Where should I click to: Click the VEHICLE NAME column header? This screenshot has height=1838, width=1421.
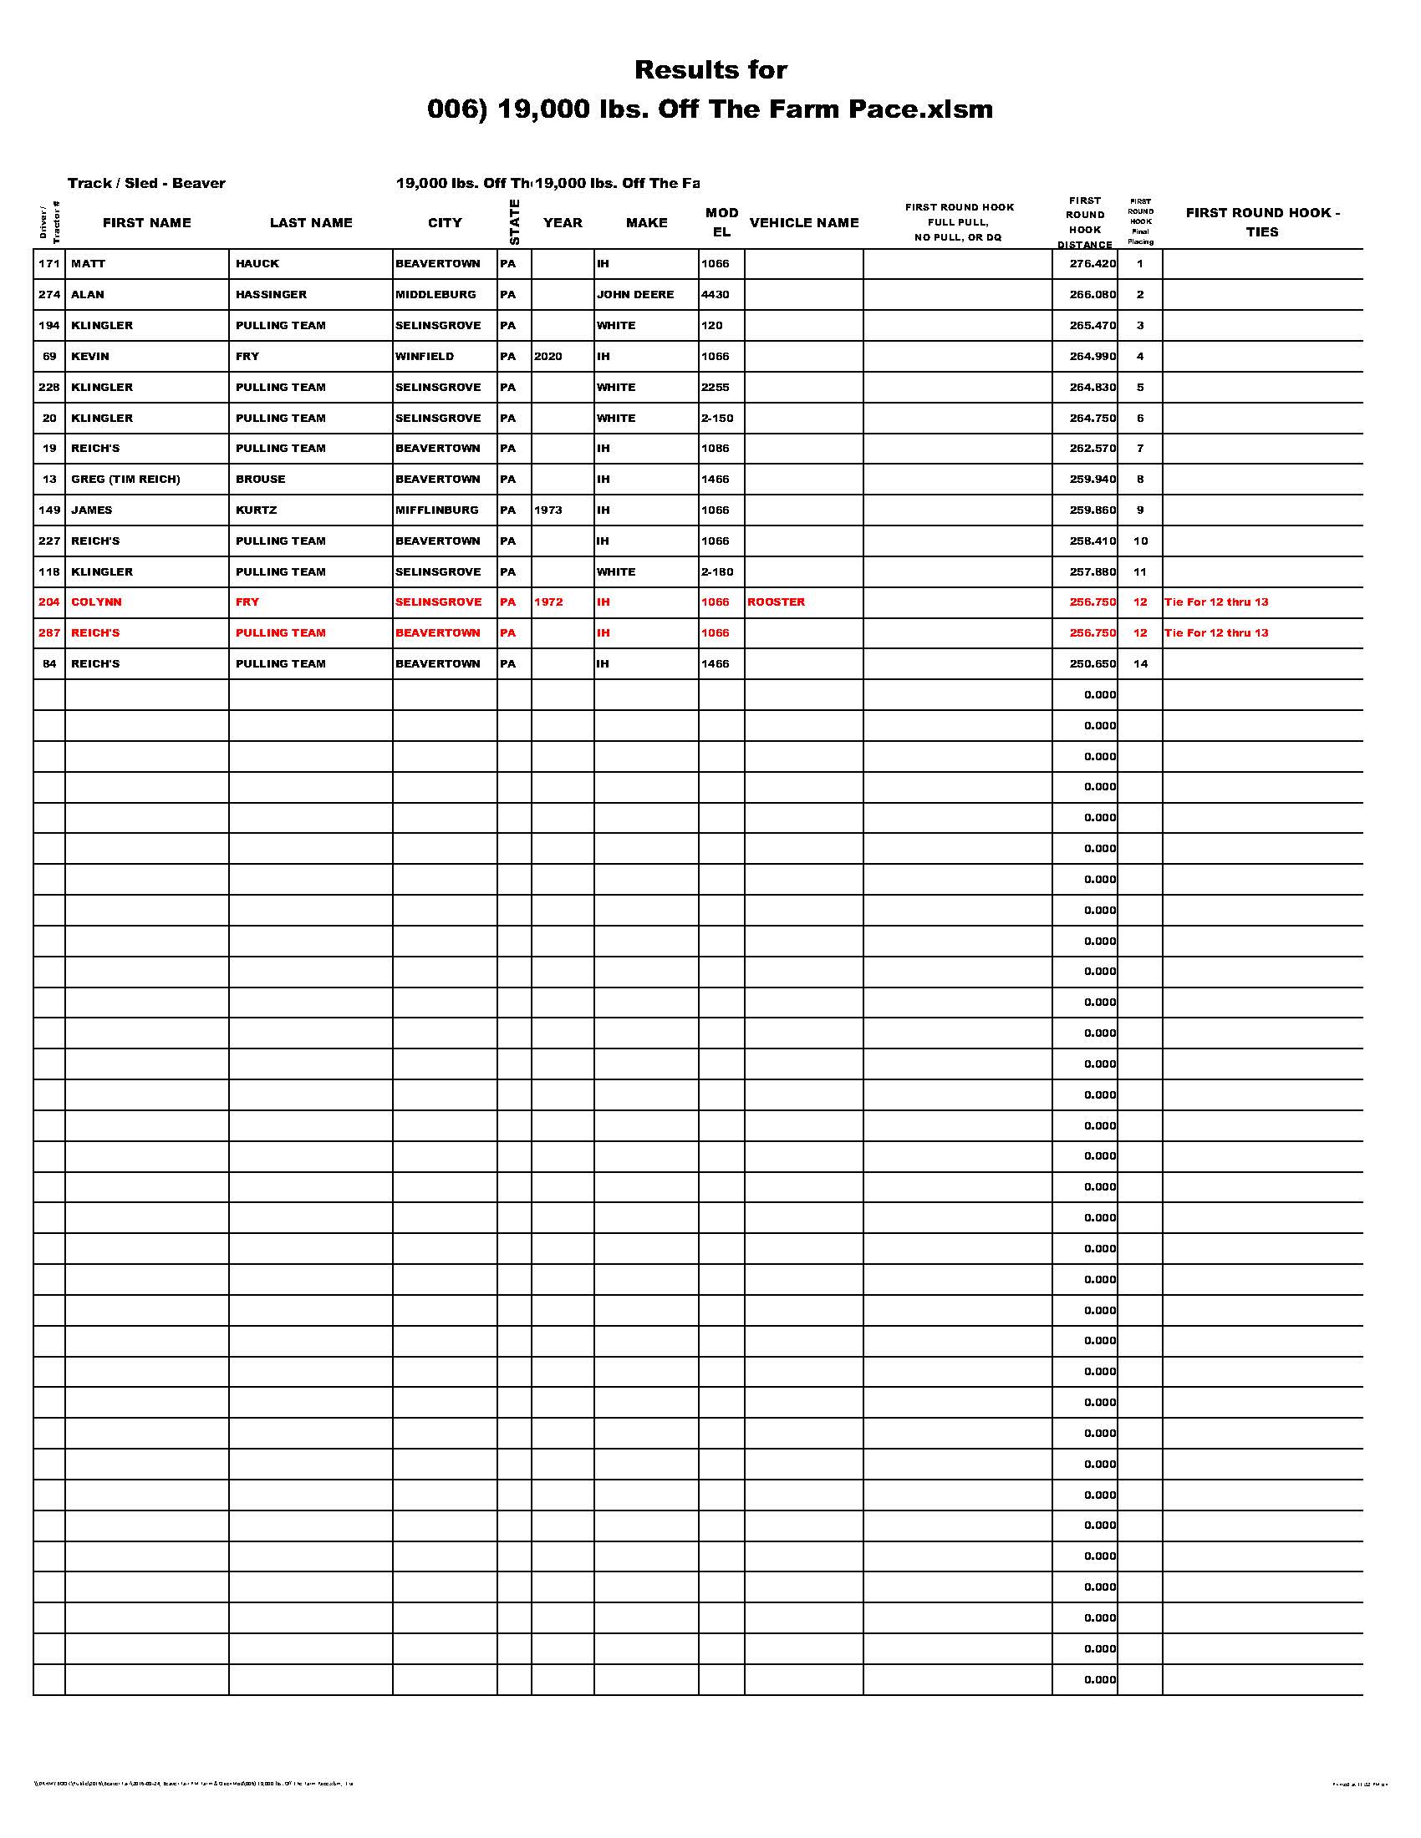[x=804, y=223]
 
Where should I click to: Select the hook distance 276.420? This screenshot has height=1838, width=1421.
[x=1092, y=264]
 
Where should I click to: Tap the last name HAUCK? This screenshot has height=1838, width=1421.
[x=257, y=264]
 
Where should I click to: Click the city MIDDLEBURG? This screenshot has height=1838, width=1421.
[x=436, y=295]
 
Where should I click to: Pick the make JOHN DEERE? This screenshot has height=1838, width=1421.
[x=635, y=295]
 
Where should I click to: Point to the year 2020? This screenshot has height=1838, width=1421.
[x=548, y=357]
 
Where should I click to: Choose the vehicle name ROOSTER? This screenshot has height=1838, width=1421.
[x=777, y=602]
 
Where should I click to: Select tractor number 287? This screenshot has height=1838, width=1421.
[x=49, y=633]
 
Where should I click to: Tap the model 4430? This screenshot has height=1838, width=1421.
[x=716, y=295]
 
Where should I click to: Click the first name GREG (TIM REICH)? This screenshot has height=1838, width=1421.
[x=125, y=480]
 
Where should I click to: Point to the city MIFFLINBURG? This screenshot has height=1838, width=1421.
[x=437, y=510]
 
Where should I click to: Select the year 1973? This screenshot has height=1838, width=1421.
[x=548, y=510]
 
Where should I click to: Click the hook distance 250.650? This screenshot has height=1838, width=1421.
[x=1092, y=664]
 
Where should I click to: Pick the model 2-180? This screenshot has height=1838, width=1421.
[x=717, y=572]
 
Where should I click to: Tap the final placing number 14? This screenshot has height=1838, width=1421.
[x=1140, y=664]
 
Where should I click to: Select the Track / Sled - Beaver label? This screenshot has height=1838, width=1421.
[x=146, y=184]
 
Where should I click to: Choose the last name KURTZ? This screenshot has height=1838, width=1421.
[x=257, y=510]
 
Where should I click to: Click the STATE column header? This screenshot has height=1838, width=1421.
[x=514, y=222]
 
